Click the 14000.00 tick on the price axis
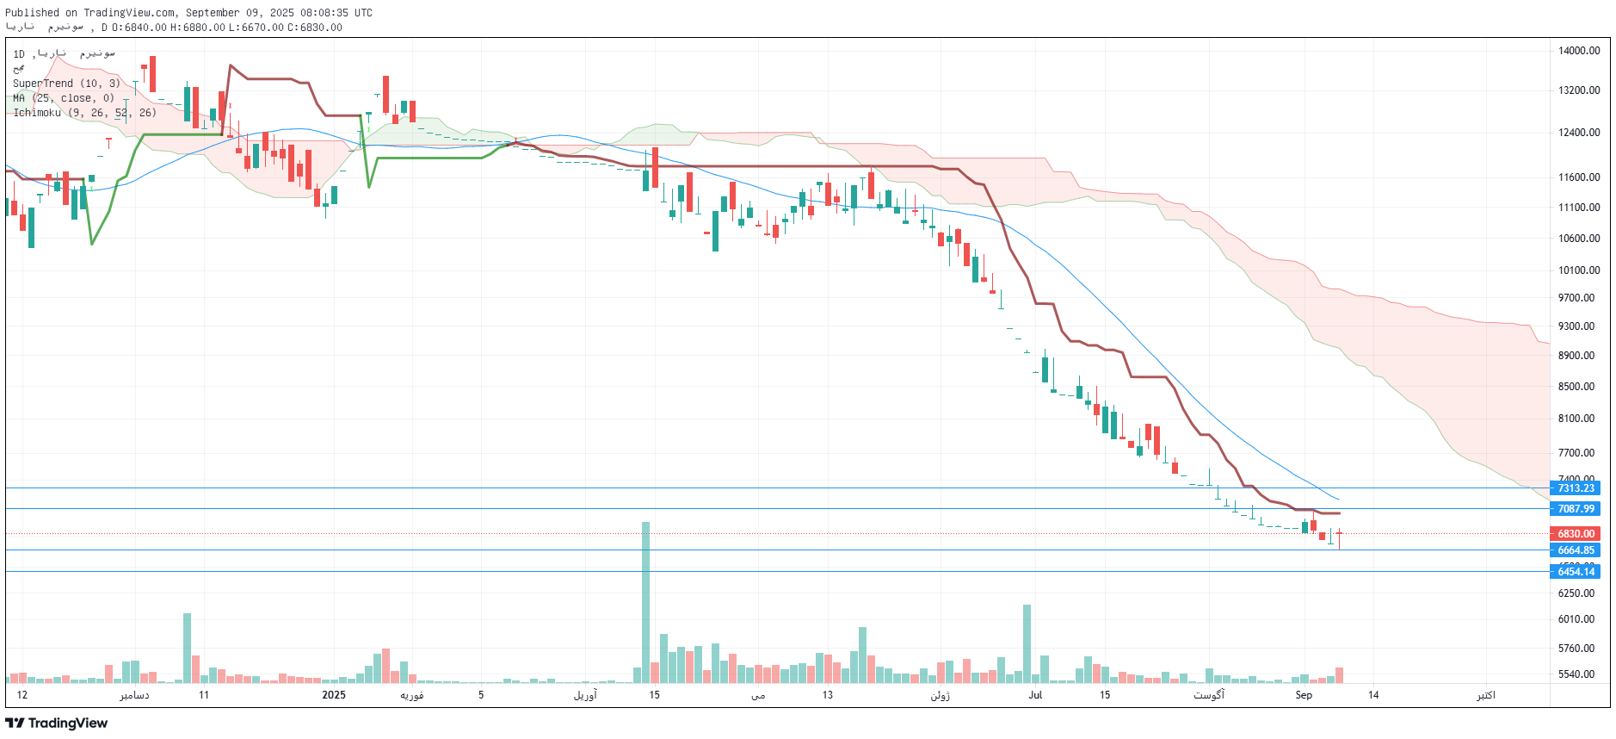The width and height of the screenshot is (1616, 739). coord(1578,51)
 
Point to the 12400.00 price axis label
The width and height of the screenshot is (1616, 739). coord(1578,133)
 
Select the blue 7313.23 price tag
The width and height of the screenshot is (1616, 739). coord(1576,488)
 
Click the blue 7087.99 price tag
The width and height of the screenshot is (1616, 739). coord(1576,509)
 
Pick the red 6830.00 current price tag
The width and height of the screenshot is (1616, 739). coord(1576,534)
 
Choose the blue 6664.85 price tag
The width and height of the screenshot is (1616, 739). coord(1576,550)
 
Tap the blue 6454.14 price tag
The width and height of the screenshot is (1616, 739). coord(1576,572)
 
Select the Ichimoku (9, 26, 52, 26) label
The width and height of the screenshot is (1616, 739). coord(84,113)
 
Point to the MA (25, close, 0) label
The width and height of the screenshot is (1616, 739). coord(64,98)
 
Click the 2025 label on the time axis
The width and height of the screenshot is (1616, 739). coord(334,695)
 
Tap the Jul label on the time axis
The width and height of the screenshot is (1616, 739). coord(1035,695)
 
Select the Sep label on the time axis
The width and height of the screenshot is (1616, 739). coord(1304,695)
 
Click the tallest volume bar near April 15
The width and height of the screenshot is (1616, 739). coord(645,602)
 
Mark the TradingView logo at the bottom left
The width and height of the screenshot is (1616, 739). coord(57,723)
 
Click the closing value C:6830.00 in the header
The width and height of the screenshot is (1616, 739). coord(315,28)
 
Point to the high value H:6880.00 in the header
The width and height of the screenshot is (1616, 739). coord(198,28)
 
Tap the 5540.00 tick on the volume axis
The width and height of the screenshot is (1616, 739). coord(1576,674)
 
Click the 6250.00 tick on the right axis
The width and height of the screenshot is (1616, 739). coord(1576,593)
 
